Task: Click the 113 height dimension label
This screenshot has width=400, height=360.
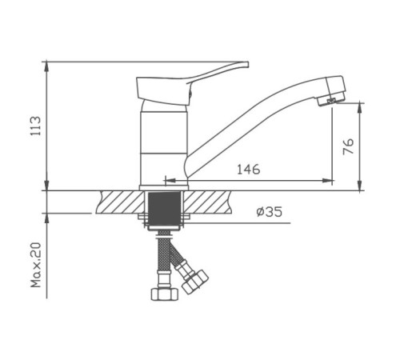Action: (35, 126)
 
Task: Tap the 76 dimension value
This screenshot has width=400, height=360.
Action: (348, 146)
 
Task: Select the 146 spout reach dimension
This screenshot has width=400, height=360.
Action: (249, 169)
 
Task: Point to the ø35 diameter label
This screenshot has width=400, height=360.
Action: (270, 212)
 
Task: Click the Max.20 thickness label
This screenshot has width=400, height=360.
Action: (36, 265)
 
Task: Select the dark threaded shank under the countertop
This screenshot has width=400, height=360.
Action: (164, 208)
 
